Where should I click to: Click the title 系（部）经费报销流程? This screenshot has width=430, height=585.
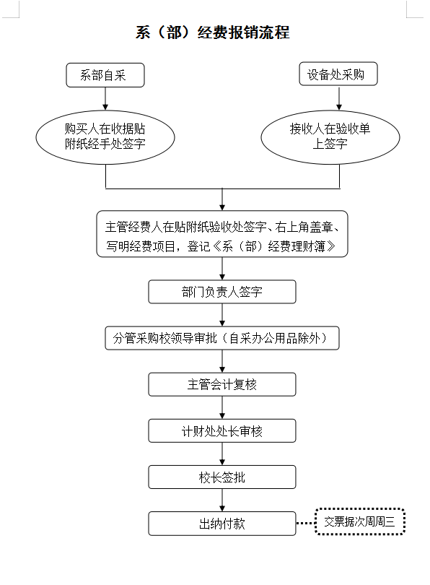212,32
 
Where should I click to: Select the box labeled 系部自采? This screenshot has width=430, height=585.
105,75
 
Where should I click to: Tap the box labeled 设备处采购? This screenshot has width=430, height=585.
338,74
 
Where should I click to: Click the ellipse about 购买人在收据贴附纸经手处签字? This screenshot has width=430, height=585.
105,137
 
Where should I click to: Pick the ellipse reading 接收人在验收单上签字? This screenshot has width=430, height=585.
330,137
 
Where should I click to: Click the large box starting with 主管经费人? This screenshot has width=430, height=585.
222,234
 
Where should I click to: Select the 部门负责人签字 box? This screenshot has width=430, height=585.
222,292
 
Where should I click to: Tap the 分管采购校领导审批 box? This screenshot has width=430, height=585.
222,338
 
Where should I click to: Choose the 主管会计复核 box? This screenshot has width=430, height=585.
222,384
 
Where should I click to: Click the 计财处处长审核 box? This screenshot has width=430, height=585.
222,431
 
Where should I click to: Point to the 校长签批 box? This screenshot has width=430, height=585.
222,477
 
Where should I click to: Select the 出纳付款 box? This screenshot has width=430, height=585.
222,524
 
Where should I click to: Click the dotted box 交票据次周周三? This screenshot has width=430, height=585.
360,521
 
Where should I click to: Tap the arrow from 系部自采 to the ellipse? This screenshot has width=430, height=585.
105,98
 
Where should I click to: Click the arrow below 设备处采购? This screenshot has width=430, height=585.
339,97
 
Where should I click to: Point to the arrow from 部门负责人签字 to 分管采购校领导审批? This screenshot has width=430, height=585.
222,315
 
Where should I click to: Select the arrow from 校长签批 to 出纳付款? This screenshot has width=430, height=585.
222,500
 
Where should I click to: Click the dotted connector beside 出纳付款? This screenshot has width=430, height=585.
306,523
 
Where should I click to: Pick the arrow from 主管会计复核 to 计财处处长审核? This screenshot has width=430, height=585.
222,407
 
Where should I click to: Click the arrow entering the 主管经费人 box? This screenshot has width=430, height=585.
222,199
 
